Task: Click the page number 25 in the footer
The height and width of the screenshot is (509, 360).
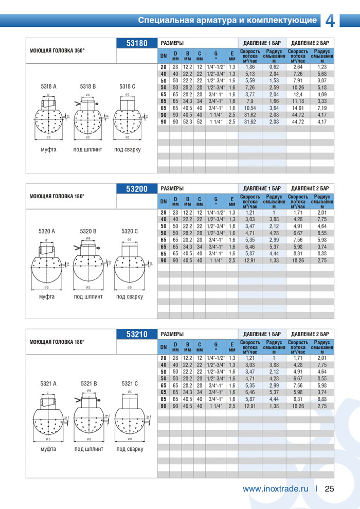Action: click(330, 489)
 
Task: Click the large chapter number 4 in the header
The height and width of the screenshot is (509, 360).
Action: click(330, 20)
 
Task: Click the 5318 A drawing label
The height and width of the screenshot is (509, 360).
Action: click(48, 86)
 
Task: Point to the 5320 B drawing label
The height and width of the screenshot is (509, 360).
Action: click(88, 232)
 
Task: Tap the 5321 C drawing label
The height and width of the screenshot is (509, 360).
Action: click(130, 383)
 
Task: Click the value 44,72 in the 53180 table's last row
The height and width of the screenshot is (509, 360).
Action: click(298, 122)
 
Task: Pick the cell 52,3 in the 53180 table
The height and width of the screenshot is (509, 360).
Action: click(187, 122)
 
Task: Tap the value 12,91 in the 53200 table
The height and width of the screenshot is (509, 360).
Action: click(250, 260)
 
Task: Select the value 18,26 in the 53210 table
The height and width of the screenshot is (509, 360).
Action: click(298, 406)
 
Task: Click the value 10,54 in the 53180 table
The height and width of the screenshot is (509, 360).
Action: click(250, 108)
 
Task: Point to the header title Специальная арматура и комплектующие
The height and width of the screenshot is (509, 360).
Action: click(227, 21)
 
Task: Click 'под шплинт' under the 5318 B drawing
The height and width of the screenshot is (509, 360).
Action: click(88, 150)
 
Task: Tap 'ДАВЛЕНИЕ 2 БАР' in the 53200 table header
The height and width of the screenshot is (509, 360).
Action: click(310, 188)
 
